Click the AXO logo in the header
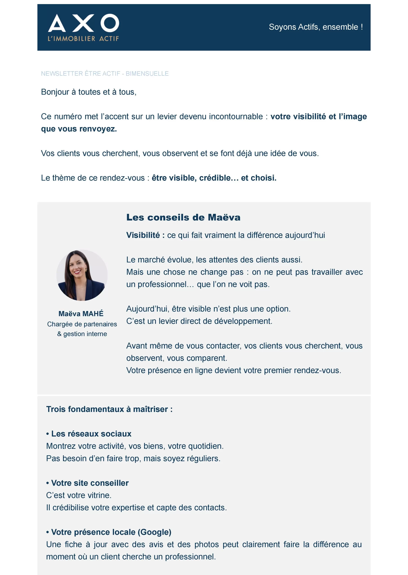[83, 23]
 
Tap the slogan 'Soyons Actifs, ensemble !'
[316, 27]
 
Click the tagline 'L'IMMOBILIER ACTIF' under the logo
[83, 39]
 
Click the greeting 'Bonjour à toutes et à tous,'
[89, 92]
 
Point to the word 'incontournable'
[236, 117]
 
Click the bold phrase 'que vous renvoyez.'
[79, 129]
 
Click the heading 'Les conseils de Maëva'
[183, 217]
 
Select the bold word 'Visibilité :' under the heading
[145, 235]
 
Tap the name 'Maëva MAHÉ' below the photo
[81, 314]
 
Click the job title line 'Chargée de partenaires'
[82, 324]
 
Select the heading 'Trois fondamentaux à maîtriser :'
[109, 409]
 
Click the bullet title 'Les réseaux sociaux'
[91, 434]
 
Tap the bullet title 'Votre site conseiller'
[90, 483]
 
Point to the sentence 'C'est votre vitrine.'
[79, 495]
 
